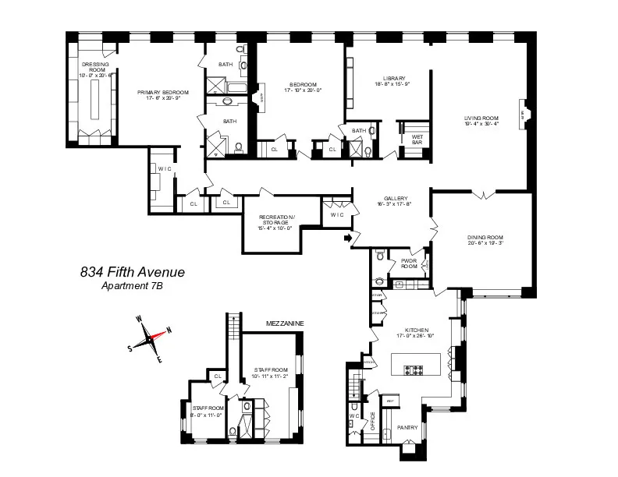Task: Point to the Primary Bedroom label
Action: [x=164, y=93]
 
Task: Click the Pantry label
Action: [x=407, y=427]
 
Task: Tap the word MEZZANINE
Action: [x=284, y=323]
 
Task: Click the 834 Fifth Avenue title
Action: [x=133, y=272]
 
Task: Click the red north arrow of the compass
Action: [x=160, y=333]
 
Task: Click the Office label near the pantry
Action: [x=372, y=421]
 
